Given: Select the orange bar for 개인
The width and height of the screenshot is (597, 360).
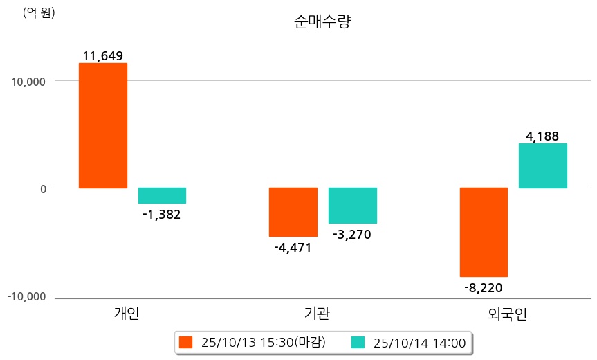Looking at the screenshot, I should (x=102, y=125).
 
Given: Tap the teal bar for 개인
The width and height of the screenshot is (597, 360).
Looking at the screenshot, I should (x=162, y=195).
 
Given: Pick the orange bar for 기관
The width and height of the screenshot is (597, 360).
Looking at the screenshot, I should (x=293, y=212).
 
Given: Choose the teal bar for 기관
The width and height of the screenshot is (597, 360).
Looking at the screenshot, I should (x=352, y=206).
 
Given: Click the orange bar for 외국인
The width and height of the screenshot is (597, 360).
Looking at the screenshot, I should (x=484, y=232).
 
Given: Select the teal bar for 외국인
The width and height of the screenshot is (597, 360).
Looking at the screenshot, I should (x=543, y=165).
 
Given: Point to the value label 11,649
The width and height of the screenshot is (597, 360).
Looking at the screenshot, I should (x=102, y=56).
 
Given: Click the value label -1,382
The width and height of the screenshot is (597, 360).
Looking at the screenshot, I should (x=161, y=215).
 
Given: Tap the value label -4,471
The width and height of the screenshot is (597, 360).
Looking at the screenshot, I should (x=293, y=248).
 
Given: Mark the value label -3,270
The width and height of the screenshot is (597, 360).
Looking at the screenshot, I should (x=352, y=235).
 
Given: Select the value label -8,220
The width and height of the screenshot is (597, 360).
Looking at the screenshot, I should (x=484, y=288).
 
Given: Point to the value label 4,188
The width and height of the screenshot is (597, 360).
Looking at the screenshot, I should (x=542, y=136).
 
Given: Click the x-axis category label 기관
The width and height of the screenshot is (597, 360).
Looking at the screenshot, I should (x=317, y=314).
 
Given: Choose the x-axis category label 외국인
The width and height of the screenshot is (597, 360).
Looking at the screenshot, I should (x=508, y=315).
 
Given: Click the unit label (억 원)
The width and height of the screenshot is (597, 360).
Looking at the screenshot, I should (x=39, y=13).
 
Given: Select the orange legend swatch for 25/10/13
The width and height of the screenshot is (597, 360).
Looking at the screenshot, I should (x=185, y=342).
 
